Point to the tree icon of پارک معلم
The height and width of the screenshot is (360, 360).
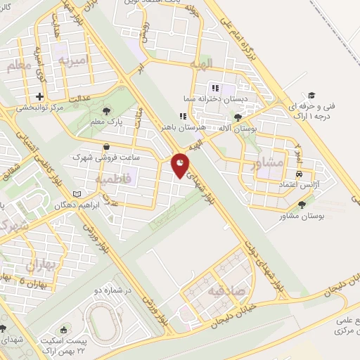tap(106, 110)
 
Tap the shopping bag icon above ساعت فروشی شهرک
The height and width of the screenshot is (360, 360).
tap(105, 146)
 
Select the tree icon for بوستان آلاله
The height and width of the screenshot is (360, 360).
tap(239, 117)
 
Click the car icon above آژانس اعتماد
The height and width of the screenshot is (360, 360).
tap(300, 172)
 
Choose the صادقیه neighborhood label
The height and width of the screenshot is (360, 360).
tap(226, 290)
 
